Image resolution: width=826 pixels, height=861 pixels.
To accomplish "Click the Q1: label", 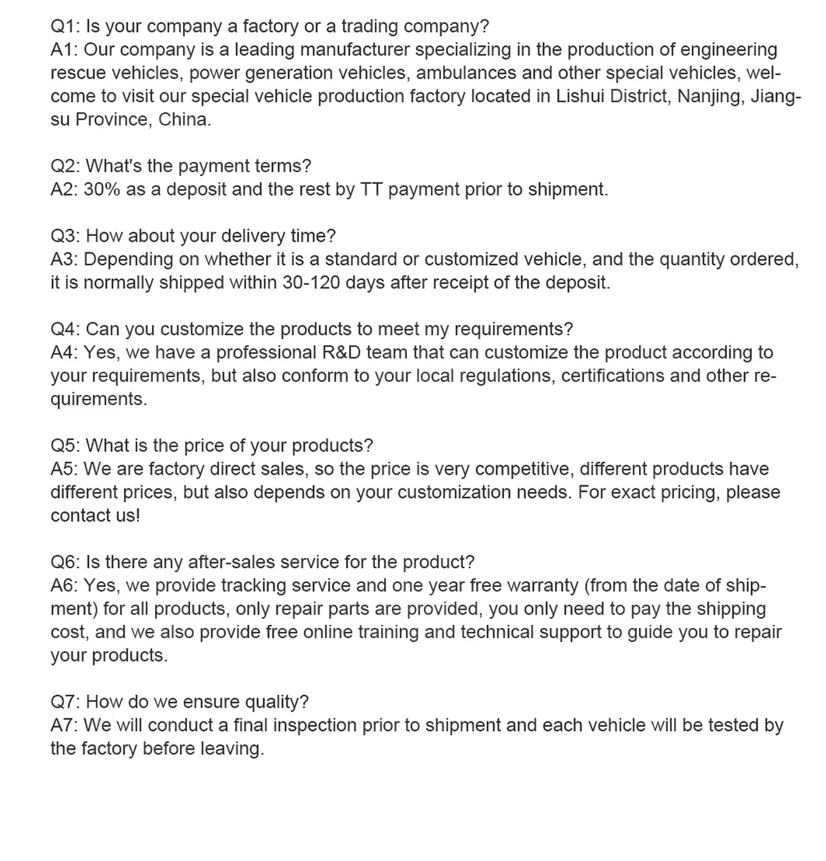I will pos(65,26).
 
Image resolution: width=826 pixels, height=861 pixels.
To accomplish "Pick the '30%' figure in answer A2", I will pos(101,189).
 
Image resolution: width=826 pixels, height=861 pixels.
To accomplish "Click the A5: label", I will pos(65,469).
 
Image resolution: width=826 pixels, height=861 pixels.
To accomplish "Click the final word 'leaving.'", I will pos(232,749).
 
